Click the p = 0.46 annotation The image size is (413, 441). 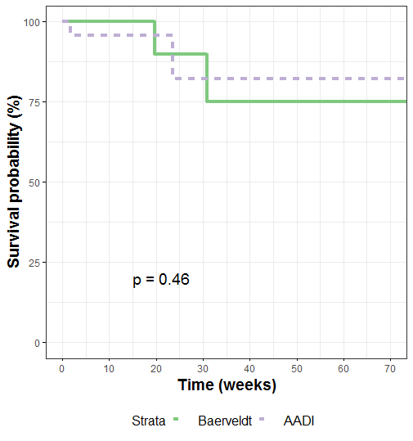pos(161,280)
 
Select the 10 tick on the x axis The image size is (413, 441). pos(109,365)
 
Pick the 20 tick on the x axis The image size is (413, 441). pos(156,365)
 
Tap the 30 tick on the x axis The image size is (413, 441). pos(203,365)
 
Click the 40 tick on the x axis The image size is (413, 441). pos(250,365)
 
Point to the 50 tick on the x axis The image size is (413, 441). pos(298,365)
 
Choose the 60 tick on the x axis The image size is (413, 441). pos(344,365)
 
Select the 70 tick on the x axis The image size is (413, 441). pos(392,365)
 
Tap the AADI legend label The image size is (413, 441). pos(299,421)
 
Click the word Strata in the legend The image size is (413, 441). pos(149,421)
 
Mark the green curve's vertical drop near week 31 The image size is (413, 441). pos(207,78)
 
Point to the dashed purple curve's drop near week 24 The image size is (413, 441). pos(173,56)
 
